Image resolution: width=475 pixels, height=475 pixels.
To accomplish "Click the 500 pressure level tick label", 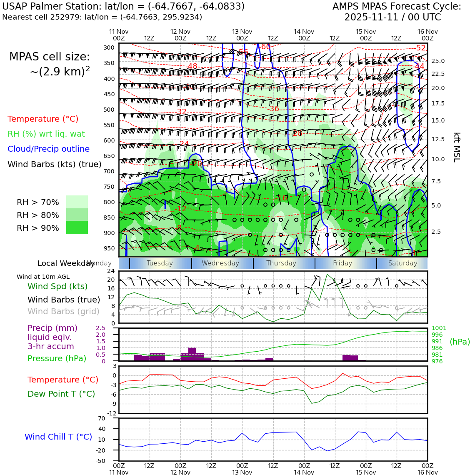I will coord(109,110).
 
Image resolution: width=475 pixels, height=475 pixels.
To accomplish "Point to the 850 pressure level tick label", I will coord(109,217).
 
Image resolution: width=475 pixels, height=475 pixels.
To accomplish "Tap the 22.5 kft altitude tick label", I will coord(437,74).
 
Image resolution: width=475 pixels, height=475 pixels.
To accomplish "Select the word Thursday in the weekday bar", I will coord(281,263).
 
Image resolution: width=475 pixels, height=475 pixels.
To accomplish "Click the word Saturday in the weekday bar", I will coord(402,263).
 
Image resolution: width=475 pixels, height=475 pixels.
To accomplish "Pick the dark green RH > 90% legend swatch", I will coord(77,227).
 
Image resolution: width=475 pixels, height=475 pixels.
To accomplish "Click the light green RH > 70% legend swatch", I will coord(77,202).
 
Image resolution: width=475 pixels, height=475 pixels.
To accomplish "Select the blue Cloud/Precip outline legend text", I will coord(48,149).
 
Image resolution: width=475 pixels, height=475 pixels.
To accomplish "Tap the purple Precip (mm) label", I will coord(52,328).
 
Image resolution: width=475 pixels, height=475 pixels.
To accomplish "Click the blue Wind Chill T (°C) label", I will coord(58,437).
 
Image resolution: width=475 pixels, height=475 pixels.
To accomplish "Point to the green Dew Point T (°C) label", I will coord(61,394).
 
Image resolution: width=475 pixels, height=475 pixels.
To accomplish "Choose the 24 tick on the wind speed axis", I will coord(111,271).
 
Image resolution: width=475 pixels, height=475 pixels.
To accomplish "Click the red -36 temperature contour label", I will coord(273,109).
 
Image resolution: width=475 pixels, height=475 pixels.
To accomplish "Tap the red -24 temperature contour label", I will coord(183,144).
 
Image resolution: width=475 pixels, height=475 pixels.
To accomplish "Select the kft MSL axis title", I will coord(457,147).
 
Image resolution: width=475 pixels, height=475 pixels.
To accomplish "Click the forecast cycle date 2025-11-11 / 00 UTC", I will coord(392,17).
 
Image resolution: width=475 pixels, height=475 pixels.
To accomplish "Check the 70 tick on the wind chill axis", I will coord(112,418).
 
